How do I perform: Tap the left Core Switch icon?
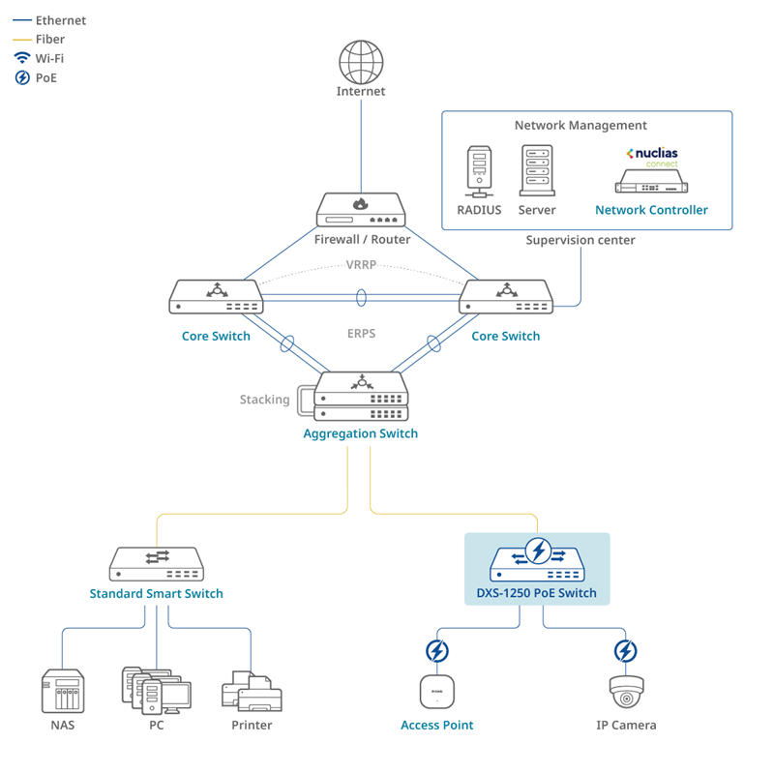pos(216,297)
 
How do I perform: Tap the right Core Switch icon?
pos(505,297)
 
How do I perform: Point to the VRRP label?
pos(361,264)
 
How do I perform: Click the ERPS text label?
pos(361,333)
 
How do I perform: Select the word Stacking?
pos(264,400)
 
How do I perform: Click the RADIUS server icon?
pos(479,168)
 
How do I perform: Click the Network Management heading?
pos(580,126)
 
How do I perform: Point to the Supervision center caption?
pos(580,239)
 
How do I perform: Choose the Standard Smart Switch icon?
pos(156,564)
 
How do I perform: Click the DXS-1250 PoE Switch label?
pos(537,593)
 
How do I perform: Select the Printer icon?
pos(252,690)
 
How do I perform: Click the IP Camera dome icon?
pos(626,691)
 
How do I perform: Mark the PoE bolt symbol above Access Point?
pos(437,650)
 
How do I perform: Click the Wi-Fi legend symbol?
pos(21,58)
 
